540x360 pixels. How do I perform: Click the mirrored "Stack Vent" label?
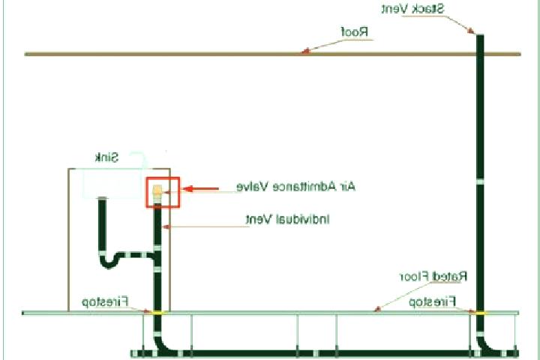(x=412, y=8)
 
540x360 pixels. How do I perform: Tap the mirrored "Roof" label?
(x=354, y=32)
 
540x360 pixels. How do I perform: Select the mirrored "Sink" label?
(x=106, y=157)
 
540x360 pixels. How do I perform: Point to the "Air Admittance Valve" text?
(x=295, y=187)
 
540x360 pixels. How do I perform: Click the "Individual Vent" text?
(x=287, y=219)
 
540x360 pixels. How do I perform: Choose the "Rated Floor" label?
(x=433, y=276)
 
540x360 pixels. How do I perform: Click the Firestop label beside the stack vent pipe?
(x=432, y=301)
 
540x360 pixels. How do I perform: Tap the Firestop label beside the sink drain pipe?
(x=105, y=301)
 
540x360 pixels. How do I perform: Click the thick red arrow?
(x=200, y=189)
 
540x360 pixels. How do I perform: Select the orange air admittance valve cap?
(x=157, y=190)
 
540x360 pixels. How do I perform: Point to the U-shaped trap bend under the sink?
(x=109, y=262)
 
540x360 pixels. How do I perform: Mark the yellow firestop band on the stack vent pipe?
(x=480, y=313)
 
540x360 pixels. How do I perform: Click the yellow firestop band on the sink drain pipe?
(x=157, y=313)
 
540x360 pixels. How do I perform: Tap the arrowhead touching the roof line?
(x=304, y=51)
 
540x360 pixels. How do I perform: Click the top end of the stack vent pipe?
(x=480, y=34)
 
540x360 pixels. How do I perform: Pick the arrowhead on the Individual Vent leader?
(x=166, y=226)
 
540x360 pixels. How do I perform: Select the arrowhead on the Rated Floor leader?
(x=377, y=309)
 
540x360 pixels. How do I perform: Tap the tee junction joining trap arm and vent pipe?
(x=157, y=256)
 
